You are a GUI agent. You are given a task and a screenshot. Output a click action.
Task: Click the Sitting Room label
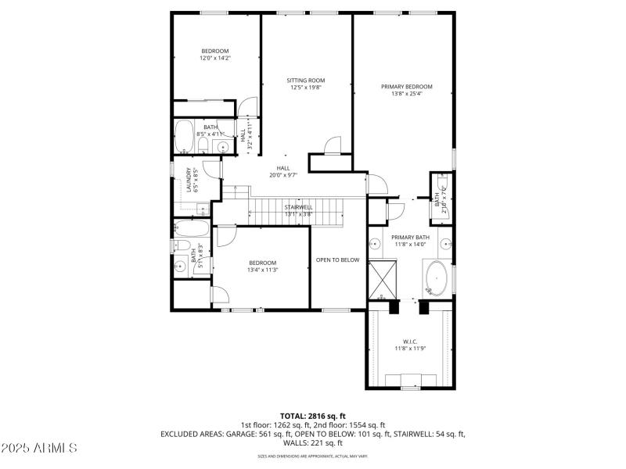click(x=305, y=81)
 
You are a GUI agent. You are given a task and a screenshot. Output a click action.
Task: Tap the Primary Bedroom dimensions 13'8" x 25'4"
click(x=406, y=94)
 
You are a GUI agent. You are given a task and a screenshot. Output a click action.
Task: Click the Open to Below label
click(x=337, y=260)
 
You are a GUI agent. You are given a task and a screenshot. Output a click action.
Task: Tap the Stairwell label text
click(x=298, y=207)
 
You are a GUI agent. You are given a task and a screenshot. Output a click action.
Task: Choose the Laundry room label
click(x=189, y=180)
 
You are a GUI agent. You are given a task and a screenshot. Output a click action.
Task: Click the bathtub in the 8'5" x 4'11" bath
click(x=185, y=137)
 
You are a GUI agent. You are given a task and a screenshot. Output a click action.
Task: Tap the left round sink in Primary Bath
click(x=375, y=242)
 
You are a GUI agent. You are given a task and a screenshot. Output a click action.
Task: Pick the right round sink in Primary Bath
click(x=444, y=242)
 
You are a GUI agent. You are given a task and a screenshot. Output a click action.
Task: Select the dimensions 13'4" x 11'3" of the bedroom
click(x=262, y=270)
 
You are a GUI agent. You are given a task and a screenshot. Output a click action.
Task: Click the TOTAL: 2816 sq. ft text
click(x=312, y=415)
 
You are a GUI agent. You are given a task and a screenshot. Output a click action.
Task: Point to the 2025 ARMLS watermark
click(x=39, y=448)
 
